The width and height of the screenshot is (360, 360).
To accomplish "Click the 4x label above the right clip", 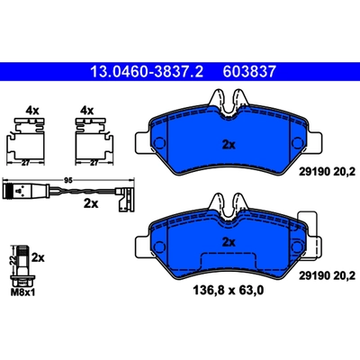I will click(x=87, y=112).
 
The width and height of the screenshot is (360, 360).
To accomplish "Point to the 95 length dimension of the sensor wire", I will click(x=67, y=181).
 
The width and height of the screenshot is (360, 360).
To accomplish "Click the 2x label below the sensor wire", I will click(x=90, y=203).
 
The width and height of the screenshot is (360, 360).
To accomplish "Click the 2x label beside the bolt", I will click(x=38, y=256).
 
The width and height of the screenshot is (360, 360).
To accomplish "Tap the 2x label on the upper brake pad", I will click(x=228, y=144).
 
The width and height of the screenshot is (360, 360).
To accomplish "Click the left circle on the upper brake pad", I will click(x=162, y=146).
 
